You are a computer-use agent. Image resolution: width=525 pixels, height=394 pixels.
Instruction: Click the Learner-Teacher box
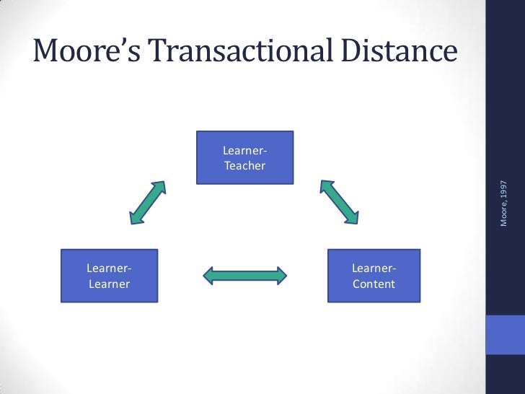tap(245, 157)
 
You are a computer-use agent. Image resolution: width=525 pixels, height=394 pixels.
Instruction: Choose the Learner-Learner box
tap(109, 276)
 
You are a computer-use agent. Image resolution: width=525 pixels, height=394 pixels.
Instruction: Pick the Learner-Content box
tap(374, 276)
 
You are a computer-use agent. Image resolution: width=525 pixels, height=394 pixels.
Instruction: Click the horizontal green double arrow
tap(245, 275)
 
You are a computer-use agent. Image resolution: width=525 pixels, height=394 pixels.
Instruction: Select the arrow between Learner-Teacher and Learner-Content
tap(339, 201)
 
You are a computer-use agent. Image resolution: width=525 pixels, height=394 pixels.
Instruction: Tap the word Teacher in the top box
tap(245, 166)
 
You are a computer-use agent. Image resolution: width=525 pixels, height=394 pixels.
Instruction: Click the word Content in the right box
tap(374, 284)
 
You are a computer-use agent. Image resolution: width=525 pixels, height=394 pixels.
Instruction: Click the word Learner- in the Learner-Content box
tap(374, 268)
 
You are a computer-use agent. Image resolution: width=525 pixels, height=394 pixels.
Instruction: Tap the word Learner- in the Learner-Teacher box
tap(245, 151)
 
